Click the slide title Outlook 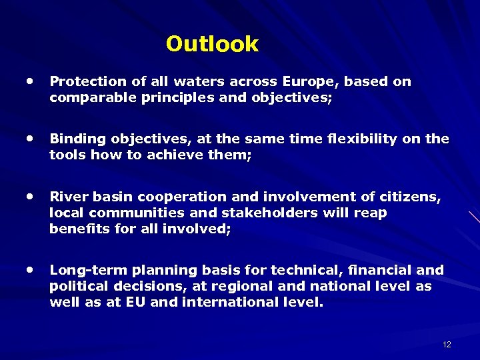212,44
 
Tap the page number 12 446,344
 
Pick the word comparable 85,97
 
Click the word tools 65,155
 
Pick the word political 75,286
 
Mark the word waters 198,81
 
